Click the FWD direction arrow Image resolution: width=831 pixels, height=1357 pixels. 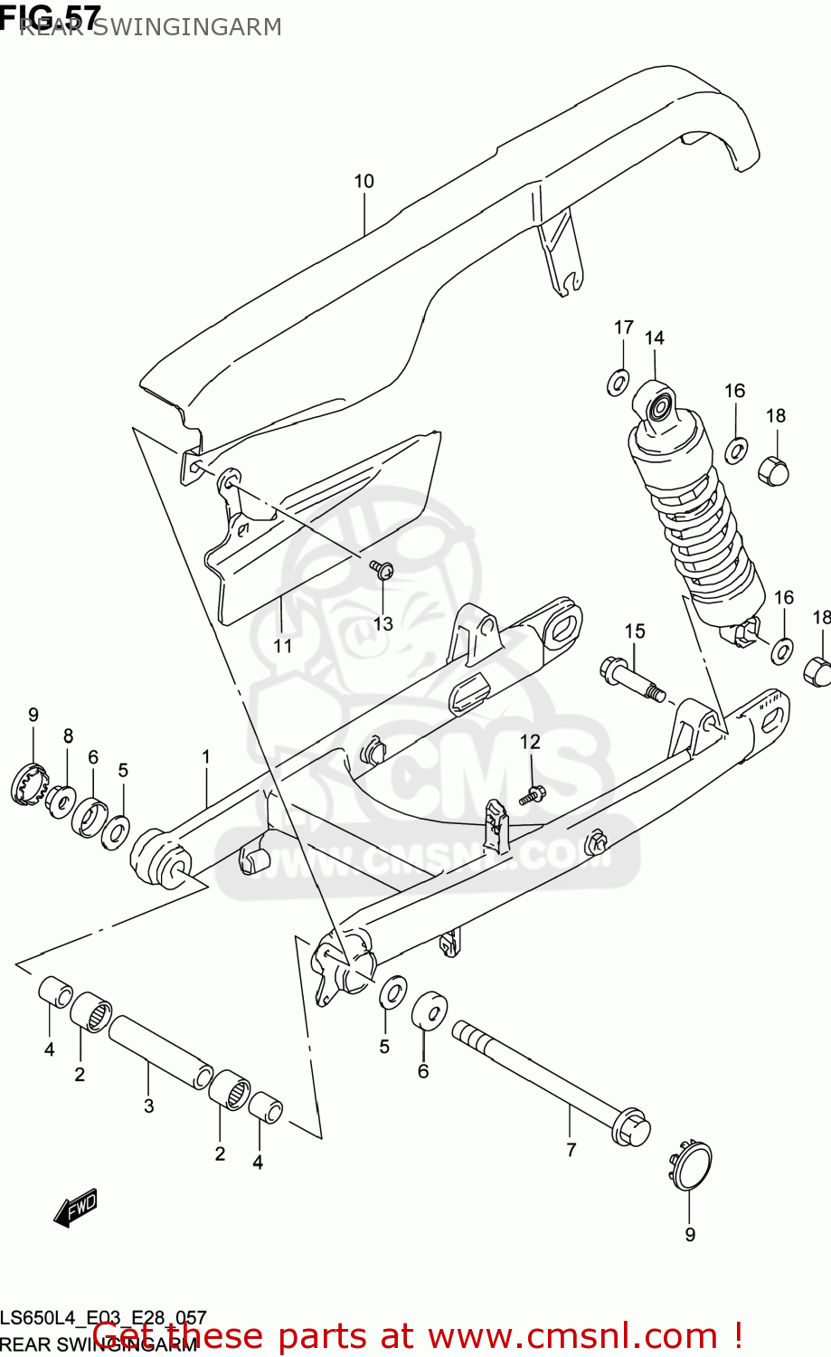pyautogui.click(x=76, y=1208)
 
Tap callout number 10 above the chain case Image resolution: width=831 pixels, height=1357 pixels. pyautogui.click(x=364, y=182)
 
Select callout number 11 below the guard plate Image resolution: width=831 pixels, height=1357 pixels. pyautogui.click(x=283, y=646)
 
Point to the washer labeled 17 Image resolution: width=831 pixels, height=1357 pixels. pyautogui.click(x=618, y=382)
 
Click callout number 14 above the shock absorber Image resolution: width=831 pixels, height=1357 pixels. pyautogui.click(x=654, y=338)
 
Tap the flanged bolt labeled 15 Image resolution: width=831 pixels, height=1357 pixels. pyautogui.click(x=631, y=680)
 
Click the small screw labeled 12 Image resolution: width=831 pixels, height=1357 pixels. pyautogui.click(x=534, y=795)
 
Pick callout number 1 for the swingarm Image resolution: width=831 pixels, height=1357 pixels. pyautogui.click(x=206, y=757)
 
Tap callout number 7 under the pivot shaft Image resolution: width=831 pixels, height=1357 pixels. pyautogui.click(x=571, y=1150)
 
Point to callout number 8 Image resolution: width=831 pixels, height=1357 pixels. pyautogui.click(x=68, y=736)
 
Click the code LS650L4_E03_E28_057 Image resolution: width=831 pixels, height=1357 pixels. pyautogui.click(x=104, y=1318)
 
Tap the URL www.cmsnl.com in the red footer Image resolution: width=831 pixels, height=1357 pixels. pyautogui.click(x=572, y=1336)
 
